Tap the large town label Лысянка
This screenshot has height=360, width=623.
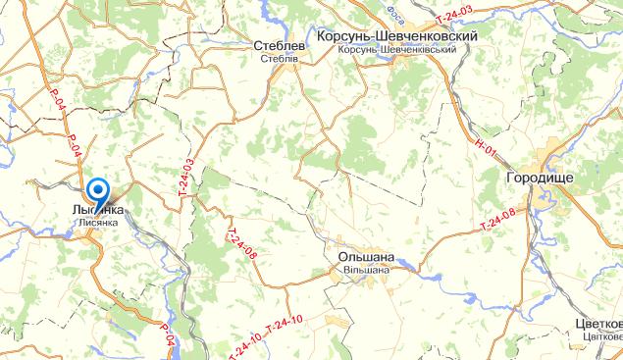[98, 210]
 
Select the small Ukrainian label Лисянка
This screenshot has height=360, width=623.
[98, 223]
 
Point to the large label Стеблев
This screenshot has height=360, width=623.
[279, 45]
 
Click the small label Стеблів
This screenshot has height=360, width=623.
[279, 58]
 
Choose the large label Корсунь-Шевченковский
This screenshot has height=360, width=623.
[397, 35]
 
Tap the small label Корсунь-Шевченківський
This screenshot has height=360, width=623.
[396, 49]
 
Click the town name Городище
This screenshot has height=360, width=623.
[540, 178]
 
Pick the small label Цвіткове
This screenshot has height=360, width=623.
[601, 338]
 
